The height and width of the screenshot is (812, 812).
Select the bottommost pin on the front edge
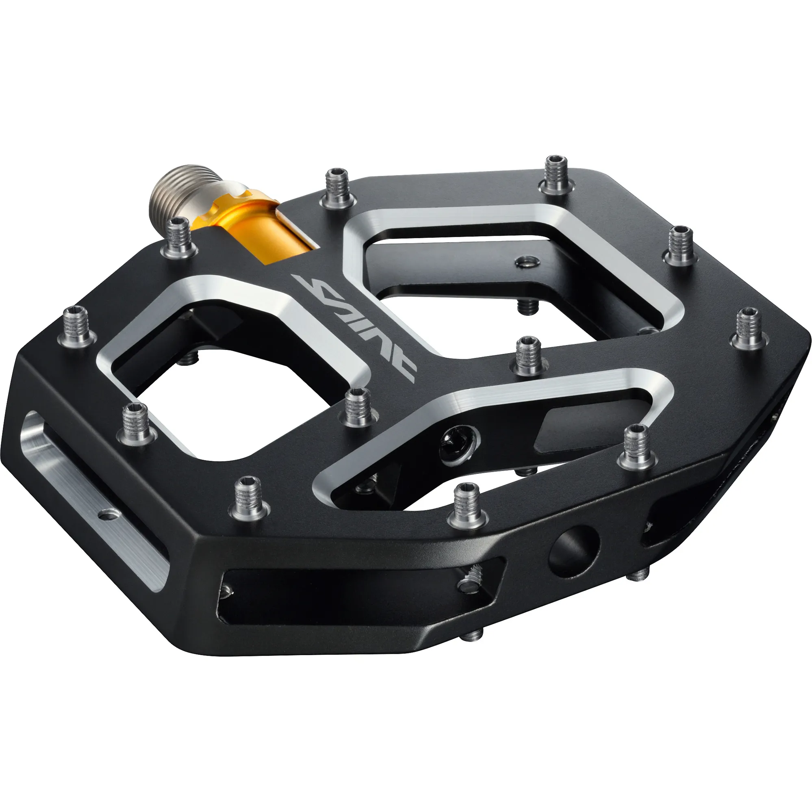[467, 504]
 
